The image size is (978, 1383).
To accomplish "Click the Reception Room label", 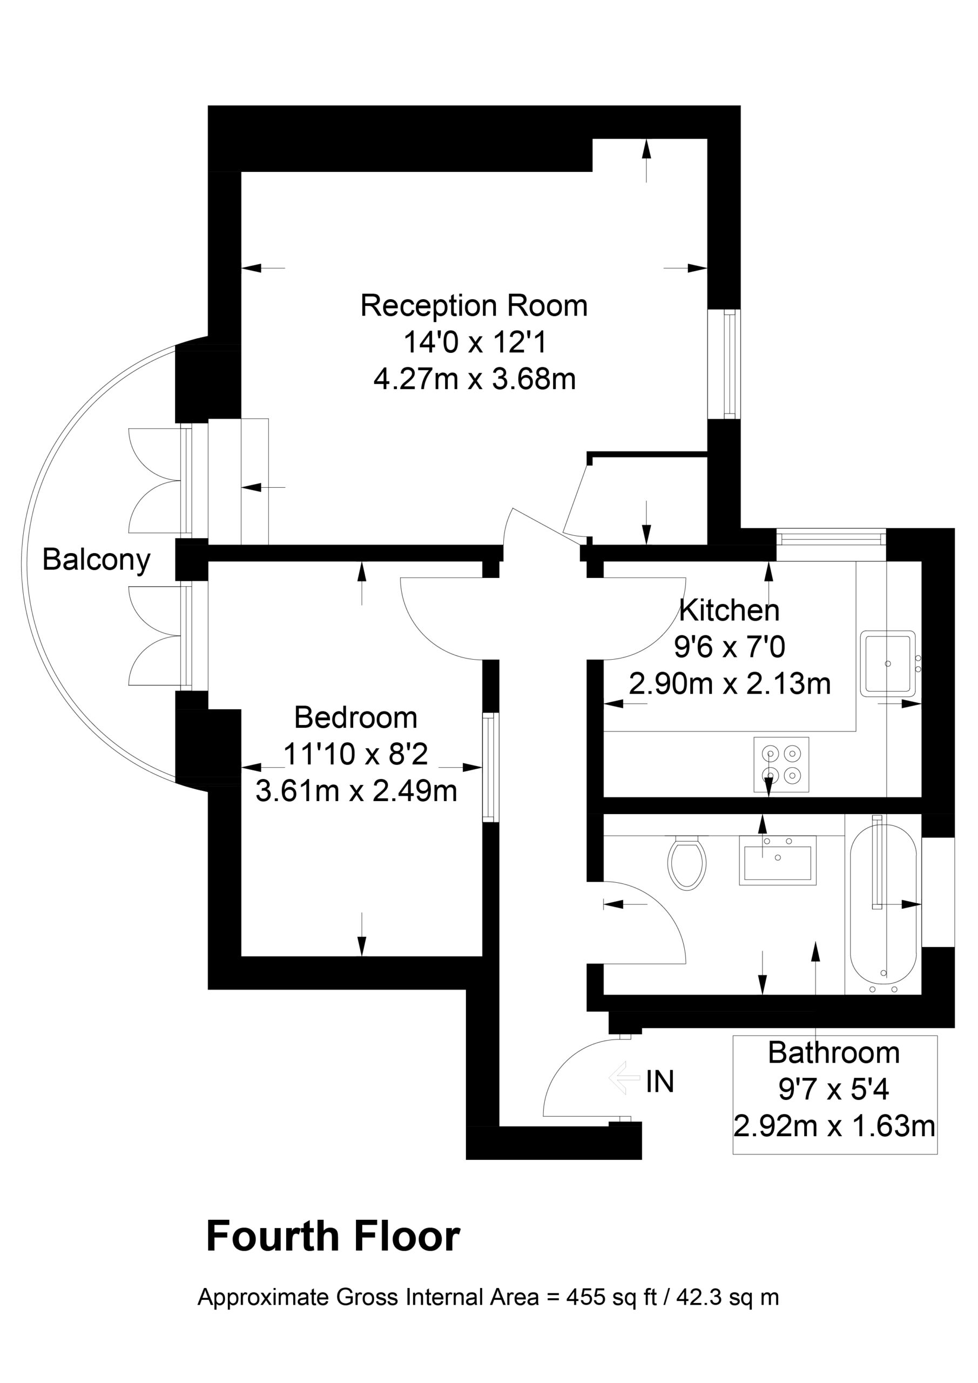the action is pyautogui.click(x=474, y=305).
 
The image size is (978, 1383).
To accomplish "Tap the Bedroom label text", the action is pyautogui.click(x=355, y=717).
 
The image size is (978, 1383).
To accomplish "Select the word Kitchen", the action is pyautogui.click(x=729, y=611).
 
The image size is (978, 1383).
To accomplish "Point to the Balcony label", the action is pyautogui.click(x=96, y=560).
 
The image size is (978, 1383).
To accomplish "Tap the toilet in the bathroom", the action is pyautogui.click(x=686, y=863).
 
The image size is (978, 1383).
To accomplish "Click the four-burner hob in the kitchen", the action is pyautogui.click(x=781, y=764).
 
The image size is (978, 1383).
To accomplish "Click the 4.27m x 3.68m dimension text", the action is pyautogui.click(x=475, y=379).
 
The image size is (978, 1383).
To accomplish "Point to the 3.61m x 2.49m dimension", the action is pyautogui.click(x=356, y=791).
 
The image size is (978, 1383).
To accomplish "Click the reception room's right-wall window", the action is pyautogui.click(x=725, y=364).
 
